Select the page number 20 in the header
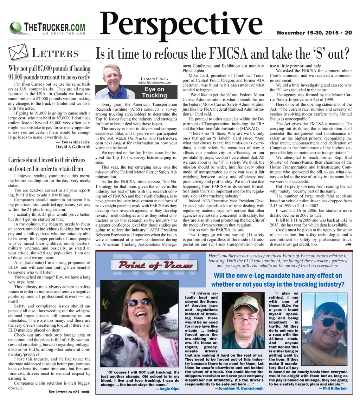(x=348, y=33)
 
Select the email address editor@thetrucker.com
(x=154, y=83)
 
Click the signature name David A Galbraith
(x=73, y=146)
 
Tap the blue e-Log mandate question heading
(x=278, y=280)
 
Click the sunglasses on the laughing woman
(x=139, y=302)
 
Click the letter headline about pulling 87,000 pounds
(x=49, y=72)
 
